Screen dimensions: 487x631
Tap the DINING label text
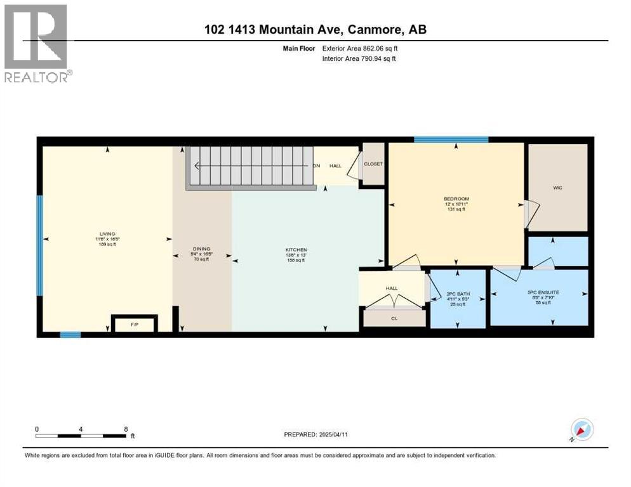(202, 249)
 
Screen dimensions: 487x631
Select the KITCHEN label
(296, 250)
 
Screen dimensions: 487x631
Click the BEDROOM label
(456, 200)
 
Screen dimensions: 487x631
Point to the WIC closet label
(557, 188)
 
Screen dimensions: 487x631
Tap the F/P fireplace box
(135, 324)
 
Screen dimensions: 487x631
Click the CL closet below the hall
(394, 318)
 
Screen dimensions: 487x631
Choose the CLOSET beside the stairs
(373, 164)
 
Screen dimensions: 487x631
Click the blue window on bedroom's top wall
(451, 140)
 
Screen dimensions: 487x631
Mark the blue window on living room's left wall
(39, 237)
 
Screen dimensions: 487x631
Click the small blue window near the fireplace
(70, 334)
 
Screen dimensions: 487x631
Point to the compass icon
(581, 430)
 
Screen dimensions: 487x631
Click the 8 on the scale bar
(126, 429)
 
